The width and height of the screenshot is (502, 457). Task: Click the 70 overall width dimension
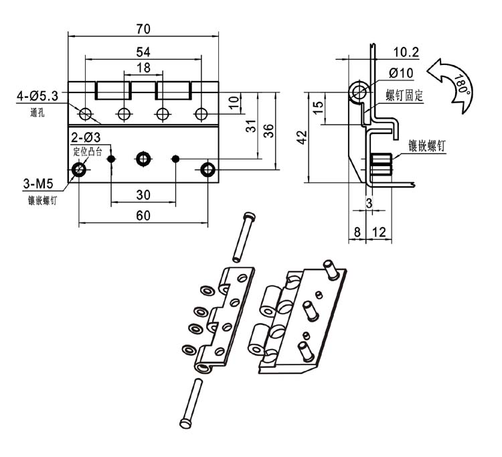(x=143, y=29)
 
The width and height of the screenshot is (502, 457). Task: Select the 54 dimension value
(x=143, y=52)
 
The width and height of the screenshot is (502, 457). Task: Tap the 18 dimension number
(x=143, y=68)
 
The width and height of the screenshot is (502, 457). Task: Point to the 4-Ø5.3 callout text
(x=37, y=96)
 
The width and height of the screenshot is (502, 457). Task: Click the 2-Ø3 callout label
(x=86, y=137)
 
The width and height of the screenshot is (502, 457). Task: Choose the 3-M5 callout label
(x=38, y=184)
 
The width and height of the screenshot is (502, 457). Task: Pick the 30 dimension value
(x=143, y=195)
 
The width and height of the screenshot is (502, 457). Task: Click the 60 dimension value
(x=143, y=216)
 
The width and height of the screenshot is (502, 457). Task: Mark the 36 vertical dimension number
(x=268, y=131)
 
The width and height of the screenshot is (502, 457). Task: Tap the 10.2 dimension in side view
(x=406, y=52)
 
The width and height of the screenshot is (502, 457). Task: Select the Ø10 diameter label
(x=401, y=74)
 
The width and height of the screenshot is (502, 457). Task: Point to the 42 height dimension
(x=302, y=137)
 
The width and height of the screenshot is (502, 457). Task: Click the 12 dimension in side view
(x=379, y=232)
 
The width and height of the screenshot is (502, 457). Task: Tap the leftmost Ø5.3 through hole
(x=86, y=114)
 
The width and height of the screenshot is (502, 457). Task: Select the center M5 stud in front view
(x=143, y=159)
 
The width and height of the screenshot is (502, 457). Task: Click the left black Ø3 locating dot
(x=111, y=159)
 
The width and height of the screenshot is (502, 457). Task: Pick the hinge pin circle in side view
(x=359, y=91)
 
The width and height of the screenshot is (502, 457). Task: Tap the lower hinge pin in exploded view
(x=191, y=403)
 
